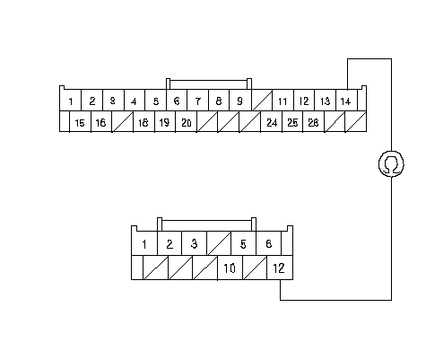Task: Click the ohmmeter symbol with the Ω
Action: (391, 164)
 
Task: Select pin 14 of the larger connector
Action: (347, 101)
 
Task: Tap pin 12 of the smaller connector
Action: (280, 268)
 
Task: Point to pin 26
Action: (314, 121)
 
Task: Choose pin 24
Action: (272, 121)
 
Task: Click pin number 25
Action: (292, 121)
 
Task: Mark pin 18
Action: (143, 121)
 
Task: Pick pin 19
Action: (165, 121)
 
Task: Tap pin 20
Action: (187, 121)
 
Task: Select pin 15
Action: (80, 121)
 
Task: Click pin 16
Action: (101, 121)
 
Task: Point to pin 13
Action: (326, 101)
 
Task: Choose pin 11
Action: (283, 101)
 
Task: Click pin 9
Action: (240, 101)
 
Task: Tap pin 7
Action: (197, 101)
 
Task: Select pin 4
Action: (135, 101)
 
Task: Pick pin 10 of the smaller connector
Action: (230, 268)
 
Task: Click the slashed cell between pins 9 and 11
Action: (262, 101)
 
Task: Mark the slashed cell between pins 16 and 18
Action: (123, 121)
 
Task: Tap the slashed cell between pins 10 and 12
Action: (255, 268)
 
